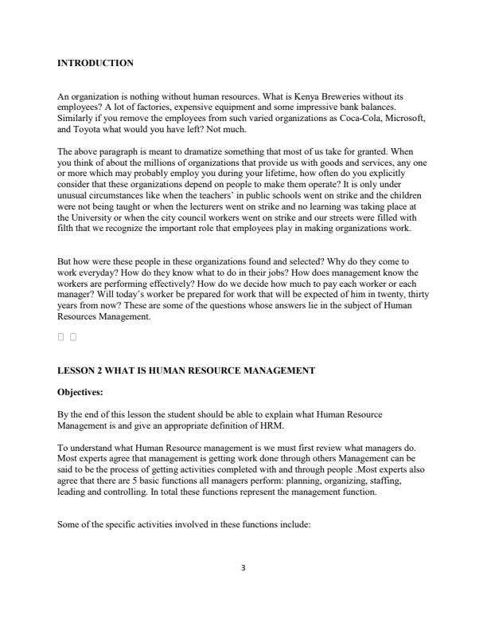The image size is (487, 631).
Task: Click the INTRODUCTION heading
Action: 95,63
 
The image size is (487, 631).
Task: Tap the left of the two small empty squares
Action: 61,337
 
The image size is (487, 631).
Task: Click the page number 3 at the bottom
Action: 243,568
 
